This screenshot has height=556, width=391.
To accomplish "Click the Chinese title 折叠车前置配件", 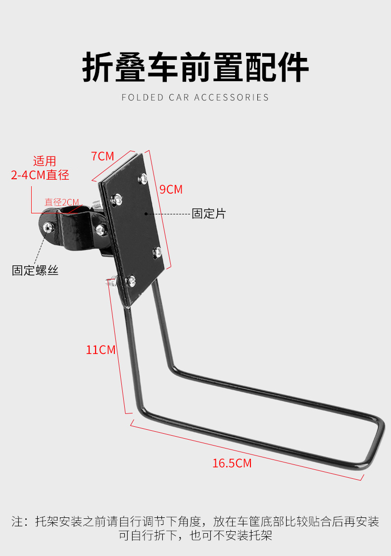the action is (195, 67).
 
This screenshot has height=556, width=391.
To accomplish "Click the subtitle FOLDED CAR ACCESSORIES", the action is (195, 98).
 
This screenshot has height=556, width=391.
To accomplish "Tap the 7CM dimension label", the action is (102, 156).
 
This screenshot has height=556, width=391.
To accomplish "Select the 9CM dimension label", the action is (171, 189).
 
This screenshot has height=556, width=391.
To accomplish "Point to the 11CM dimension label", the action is (100, 350).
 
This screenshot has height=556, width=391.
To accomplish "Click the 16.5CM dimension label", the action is (232, 463).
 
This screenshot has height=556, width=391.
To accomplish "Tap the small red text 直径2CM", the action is (62, 202).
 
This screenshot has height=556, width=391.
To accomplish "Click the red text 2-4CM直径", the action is (40, 175).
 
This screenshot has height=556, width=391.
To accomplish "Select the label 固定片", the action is (208, 213).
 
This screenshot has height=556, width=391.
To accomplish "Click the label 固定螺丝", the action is (35, 270).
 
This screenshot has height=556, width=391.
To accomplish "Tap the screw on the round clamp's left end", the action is (48, 227).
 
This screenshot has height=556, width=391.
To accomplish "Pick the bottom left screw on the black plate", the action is (131, 281).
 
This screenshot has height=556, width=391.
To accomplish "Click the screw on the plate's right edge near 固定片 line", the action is (157, 252).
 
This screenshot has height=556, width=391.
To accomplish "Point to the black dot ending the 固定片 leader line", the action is (146, 214).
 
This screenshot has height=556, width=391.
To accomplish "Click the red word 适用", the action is (45, 161).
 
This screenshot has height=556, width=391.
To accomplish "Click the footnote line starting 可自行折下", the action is (195, 535).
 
